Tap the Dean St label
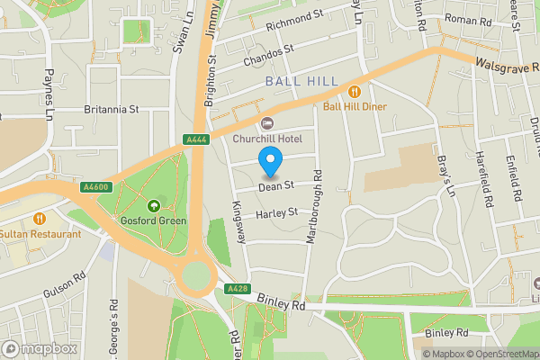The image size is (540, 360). point(276,187)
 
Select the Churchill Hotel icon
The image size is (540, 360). point(265,123)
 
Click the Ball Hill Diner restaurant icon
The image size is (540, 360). point(355,90)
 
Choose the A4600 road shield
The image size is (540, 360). point(94,187)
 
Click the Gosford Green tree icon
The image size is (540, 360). point(154,204)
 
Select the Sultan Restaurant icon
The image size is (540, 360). point(40,219)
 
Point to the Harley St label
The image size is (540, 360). point(275,214)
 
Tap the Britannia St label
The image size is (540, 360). point(112,109)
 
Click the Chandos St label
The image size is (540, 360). point(268,57)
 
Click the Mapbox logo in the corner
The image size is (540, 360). point(40,348)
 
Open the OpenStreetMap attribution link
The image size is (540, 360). point(501,354)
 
